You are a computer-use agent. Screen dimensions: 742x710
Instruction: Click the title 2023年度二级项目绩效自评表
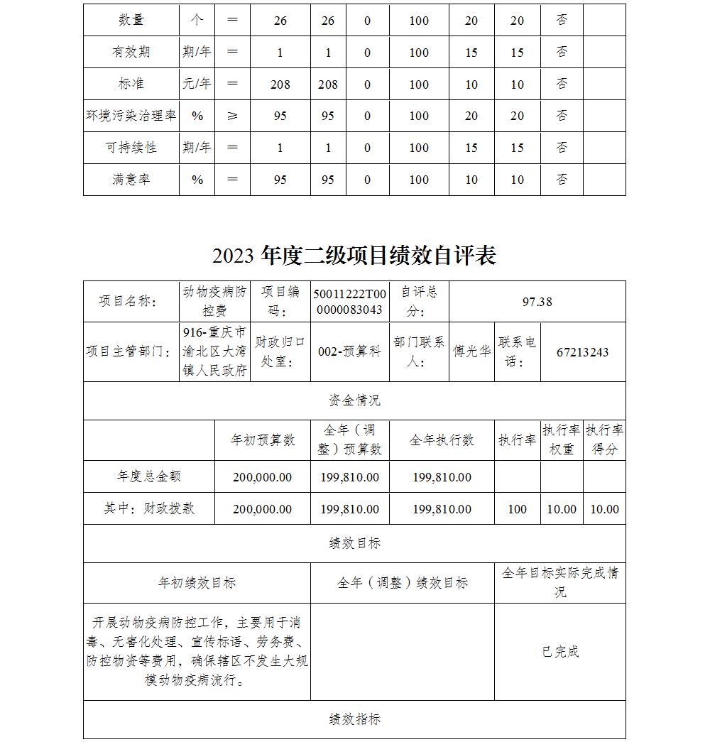pyautogui.click(x=354, y=255)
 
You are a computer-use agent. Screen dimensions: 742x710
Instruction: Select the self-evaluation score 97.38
pyautogui.click(x=537, y=302)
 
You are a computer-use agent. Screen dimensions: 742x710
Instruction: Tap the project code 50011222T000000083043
pyautogui.click(x=350, y=302)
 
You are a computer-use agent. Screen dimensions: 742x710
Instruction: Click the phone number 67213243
pyautogui.click(x=582, y=352)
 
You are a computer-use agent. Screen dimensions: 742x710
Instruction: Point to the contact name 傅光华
pyautogui.click(x=472, y=352)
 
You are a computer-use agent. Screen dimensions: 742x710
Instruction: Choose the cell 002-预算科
pyautogui.click(x=350, y=352)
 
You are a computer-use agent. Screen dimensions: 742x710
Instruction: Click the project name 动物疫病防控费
pyautogui.click(x=215, y=301)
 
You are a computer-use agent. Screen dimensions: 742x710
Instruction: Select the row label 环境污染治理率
pyautogui.click(x=131, y=116)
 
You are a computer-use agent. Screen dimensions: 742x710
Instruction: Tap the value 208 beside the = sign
pyautogui.click(x=280, y=84)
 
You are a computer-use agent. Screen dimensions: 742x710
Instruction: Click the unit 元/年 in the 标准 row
pyautogui.click(x=197, y=84)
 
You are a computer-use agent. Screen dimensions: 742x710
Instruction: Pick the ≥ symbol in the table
pyautogui.click(x=232, y=116)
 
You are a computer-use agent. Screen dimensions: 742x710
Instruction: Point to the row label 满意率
pyautogui.click(x=131, y=180)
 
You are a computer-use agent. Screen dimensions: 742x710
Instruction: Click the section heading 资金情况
pyautogui.click(x=354, y=400)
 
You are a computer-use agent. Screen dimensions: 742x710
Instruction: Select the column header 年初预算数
pyautogui.click(x=263, y=440)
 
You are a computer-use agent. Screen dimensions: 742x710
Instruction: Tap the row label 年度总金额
pyautogui.click(x=149, y=476)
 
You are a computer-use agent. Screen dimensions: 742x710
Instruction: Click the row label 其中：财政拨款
pyautogui.click(x=149, y=508)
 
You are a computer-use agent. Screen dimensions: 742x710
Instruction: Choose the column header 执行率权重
pyautogui.click(x=562, y=440)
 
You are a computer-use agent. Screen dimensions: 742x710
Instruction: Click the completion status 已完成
pyautogui.click(x=560, y=652)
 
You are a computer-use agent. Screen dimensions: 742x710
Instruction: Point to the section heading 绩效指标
pyautogui.click(x=354, y=719)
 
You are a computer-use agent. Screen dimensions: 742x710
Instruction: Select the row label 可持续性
pyautogui.click(x=131, y=148)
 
